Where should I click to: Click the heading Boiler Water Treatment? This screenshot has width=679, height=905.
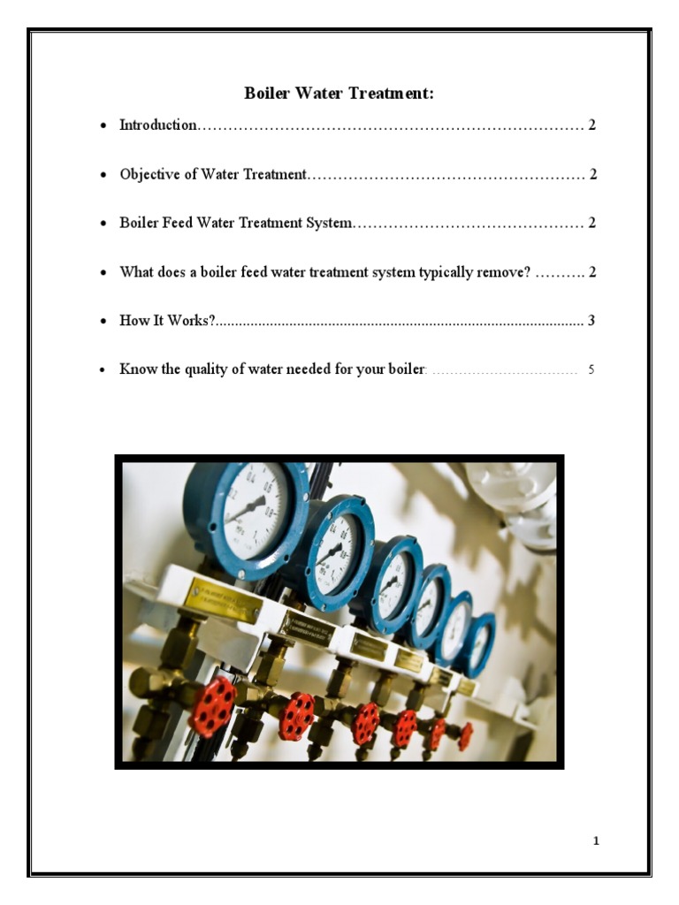pyautogui.click(x=339, y=93)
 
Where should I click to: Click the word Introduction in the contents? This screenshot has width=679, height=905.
pyautogui.click(x=158, y=125)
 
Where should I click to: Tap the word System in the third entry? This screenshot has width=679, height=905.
pyautogui.click(x=329, y=223)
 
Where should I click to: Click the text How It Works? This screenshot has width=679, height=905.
pyautogui.click(x=168, y=320)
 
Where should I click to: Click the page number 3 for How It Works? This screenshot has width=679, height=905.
pyautogui.click(x=591, y=320)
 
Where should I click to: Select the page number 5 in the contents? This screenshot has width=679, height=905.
pyautogui.click(x=591, y=369)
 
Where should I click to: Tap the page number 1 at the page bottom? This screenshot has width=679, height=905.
pyautogui.click(x=597, y=840)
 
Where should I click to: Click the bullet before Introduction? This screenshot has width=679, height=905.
pyautogui.click(x=103, y=126)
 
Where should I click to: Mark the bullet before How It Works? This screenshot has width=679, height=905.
pyautogui.click(x=103, y=321)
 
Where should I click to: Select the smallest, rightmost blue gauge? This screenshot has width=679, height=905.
pyautogui.click(x=480, y=643)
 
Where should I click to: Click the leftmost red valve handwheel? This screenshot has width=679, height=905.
pyautogui.click(x=213, y=707)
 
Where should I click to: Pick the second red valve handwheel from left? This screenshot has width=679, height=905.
pyautogui.click(x=297, y=717)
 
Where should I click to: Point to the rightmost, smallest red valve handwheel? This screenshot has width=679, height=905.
pyautogui.click(x=465, y=736)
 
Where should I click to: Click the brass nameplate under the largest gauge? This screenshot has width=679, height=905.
pyautogui.click(x=222, y=602)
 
